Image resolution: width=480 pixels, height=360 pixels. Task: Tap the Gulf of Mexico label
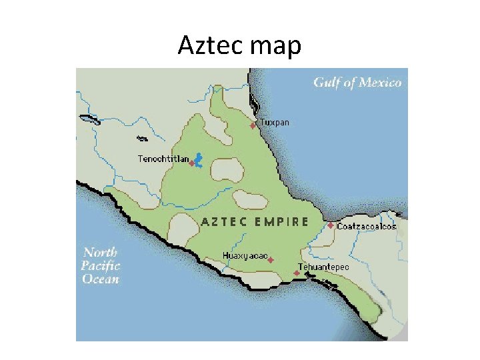click(357, 83)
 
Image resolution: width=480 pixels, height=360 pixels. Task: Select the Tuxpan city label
click(275, 123)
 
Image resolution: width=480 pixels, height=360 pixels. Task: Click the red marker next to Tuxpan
click(253, 125)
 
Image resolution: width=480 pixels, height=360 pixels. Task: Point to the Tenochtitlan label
click(162, 159)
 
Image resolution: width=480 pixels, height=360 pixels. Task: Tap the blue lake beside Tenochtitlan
click(199, 160)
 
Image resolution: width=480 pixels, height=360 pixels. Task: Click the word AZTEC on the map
click(224, 222)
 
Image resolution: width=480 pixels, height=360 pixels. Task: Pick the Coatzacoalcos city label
click(367, 227)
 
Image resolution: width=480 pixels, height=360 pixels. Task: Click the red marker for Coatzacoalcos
click(331, 226)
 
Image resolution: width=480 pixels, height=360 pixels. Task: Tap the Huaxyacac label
click(245, 256)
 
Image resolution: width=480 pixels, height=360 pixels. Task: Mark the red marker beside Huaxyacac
click(271, 261)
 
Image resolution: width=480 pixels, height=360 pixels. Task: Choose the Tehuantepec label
click(323, 267)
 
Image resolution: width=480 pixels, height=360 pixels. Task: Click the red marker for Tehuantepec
click(297, 273)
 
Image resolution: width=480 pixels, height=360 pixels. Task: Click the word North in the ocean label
click(100, 252)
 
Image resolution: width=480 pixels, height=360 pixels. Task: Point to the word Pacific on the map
click(100, 265)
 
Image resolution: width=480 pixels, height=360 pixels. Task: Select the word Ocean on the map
click(101, 279)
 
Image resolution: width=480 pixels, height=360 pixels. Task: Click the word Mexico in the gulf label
click(380, 83)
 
